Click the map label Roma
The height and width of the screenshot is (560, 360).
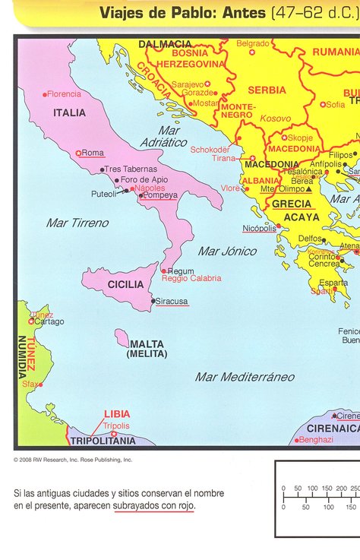pyautogui.click(x=93, y=153)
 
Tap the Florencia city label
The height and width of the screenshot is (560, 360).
pyautogui.click(x=64, y=94)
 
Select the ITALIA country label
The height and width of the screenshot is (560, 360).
pyautogui.click(x=69, y=112)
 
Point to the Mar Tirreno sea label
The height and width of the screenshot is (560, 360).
pyautogui.click(x=77, y=223)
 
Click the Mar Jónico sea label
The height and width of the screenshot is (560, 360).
pyautogui.click(x=227, y=251)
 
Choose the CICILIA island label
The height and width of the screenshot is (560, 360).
pyautogui.click(x=125, y=284)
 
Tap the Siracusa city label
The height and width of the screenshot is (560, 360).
pyautogui.click(x=172, y=301)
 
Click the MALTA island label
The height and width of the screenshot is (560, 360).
pyautogui.click(x=147, y=344)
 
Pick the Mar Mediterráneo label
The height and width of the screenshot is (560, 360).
pyautogui.click(x=245, y=377)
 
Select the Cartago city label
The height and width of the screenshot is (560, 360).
pyautogui.click(x=49, y=321)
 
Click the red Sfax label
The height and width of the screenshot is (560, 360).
pyautogui.click(x=30, y=384)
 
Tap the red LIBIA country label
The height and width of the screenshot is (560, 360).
pyautogui.click(x=117, y=414)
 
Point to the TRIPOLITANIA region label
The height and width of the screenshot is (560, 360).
pyautogui.click(x=103, y=441)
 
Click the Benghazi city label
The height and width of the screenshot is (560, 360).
pyautogui.click(x=316, y=439)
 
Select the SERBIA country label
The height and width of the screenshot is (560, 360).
pyautogui.click(x=267, y=90)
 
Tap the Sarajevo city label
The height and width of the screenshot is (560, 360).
pyautogui.click(x=188, y=84)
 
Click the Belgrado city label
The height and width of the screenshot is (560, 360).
pyautogui.click(x=253, y=44)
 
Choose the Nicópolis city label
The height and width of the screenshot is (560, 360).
pyautogui.click(x=260, y=228)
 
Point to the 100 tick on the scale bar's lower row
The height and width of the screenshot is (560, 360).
pyautogui.click(x=328, y=506)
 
